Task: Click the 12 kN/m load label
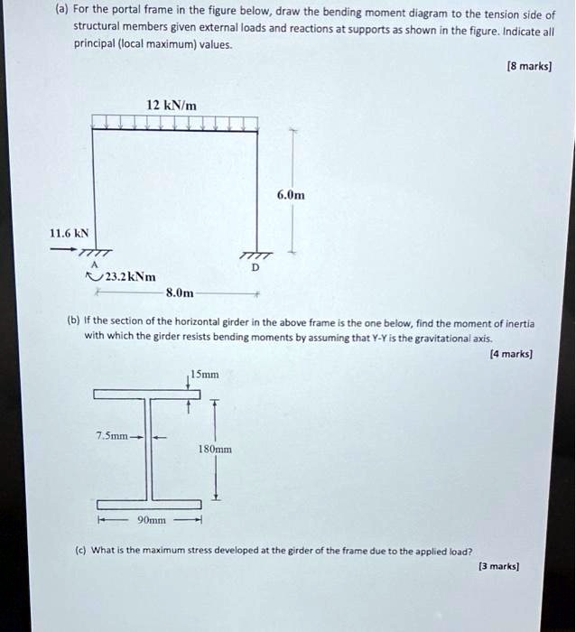pos(172,106)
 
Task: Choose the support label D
pos(255,267)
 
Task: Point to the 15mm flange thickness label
pos(204,373)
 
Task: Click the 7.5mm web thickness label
pos(114,436)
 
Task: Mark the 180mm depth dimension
pos(216,448)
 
